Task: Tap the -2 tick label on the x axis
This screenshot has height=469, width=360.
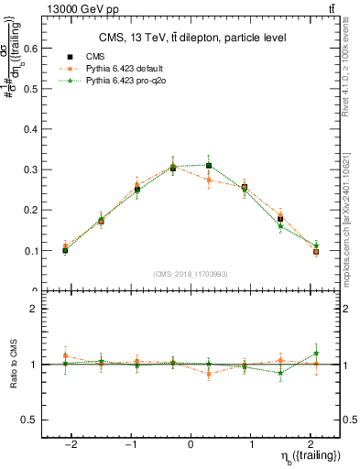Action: pos(71,444)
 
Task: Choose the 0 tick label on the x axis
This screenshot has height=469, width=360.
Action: pos(191,444)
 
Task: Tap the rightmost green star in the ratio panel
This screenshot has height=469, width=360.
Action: pos(316,353)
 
